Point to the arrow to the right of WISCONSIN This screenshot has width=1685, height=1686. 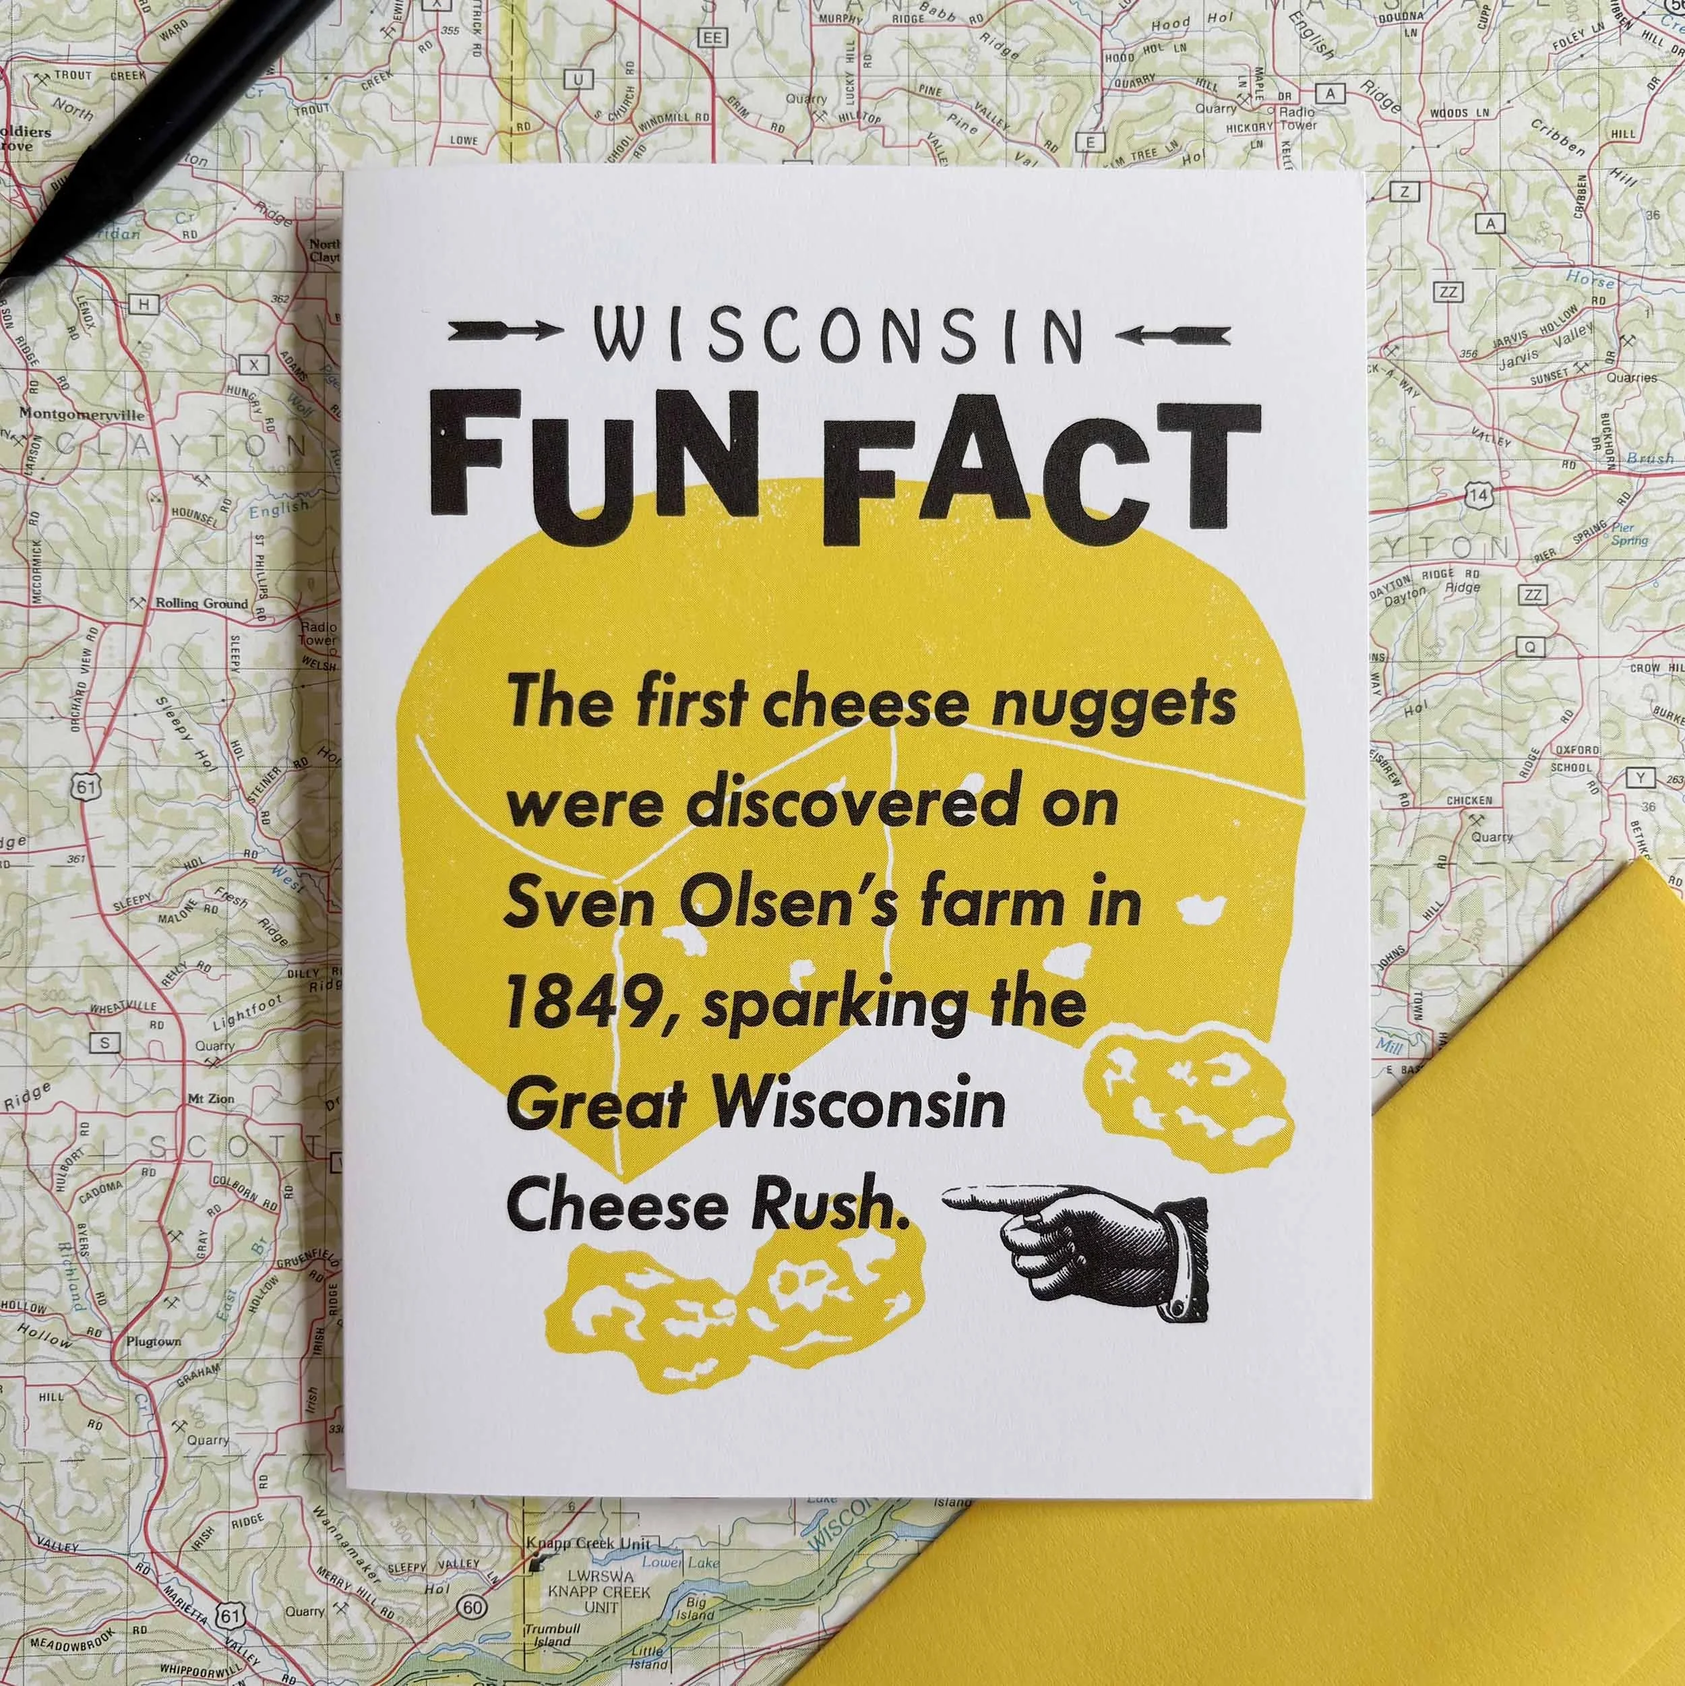coord(1173,334)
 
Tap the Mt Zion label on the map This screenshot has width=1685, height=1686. coord(210,1099)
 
